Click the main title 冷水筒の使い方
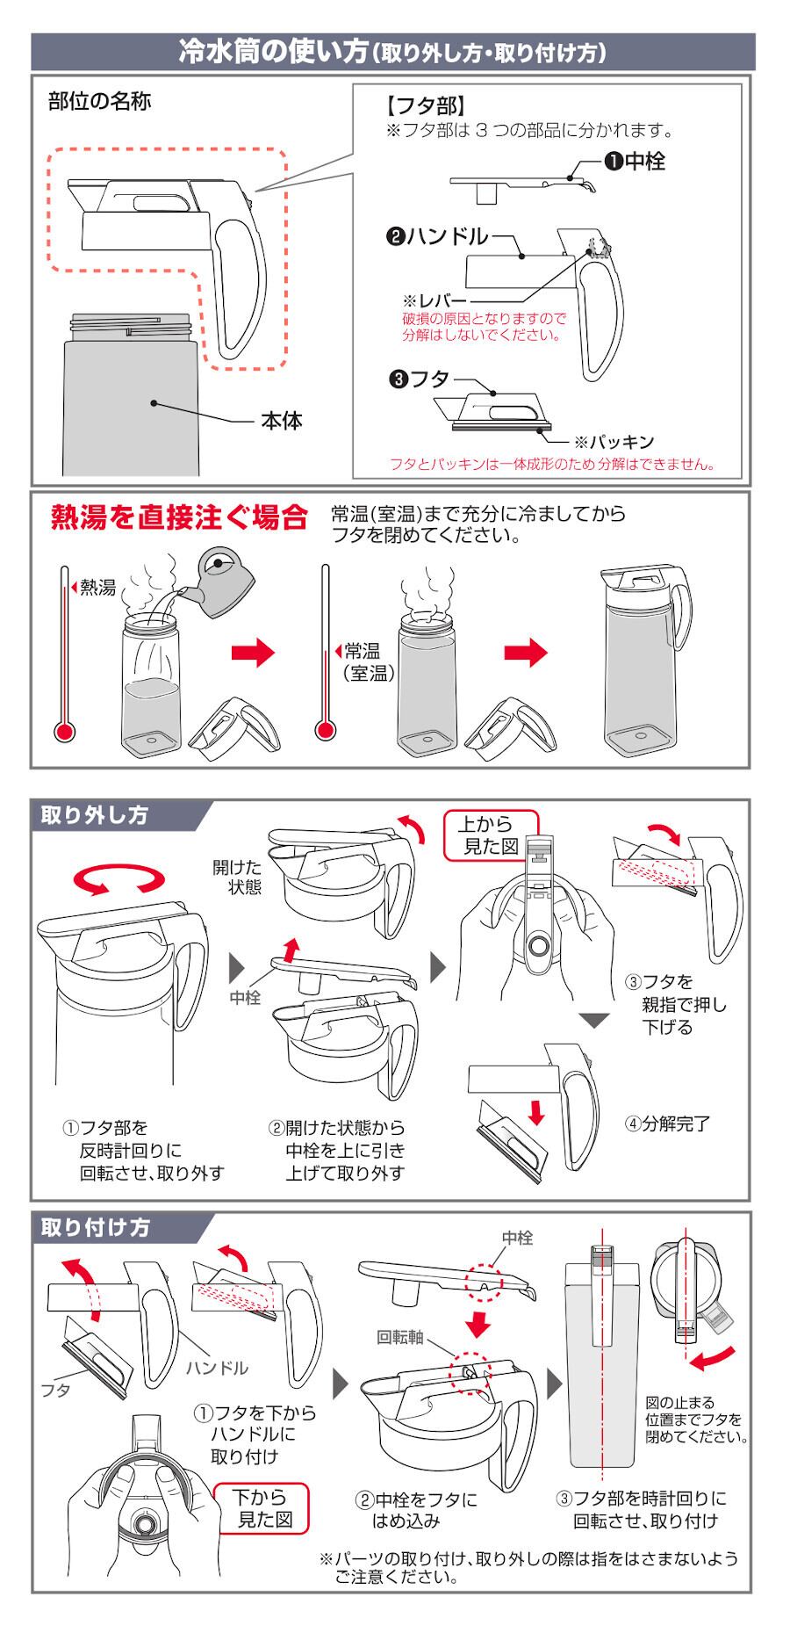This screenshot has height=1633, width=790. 273,53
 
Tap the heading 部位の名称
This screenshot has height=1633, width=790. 100,102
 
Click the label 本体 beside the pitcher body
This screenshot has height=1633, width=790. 281,422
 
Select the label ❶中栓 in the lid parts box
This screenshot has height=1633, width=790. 634,161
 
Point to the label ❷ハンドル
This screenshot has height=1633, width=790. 436,236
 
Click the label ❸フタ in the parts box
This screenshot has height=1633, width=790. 419,380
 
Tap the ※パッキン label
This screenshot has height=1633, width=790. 614,442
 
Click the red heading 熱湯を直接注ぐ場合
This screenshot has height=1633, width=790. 179,517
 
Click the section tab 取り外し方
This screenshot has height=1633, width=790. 95,815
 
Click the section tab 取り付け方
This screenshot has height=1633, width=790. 96,1227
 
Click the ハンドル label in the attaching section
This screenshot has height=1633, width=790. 217,1368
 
